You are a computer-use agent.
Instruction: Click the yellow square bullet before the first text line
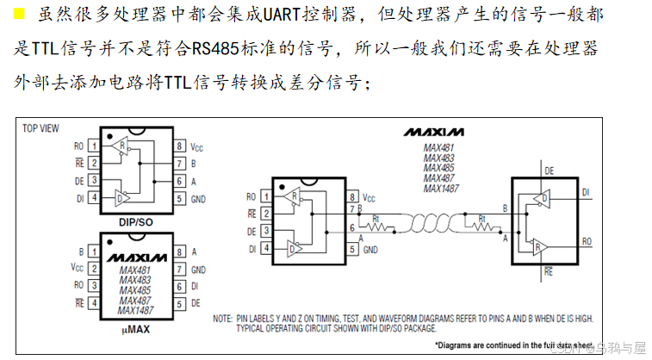tap(19, 14)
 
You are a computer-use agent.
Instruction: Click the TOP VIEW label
tap(40, 128)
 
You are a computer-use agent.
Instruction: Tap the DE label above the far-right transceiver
tap(550, 172)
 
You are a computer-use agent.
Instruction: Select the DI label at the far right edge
tap(586, 192)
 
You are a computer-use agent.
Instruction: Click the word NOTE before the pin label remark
tap(222, 318)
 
